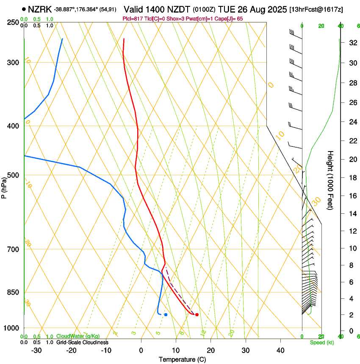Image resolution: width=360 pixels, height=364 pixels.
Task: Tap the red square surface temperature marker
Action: pos(197,314)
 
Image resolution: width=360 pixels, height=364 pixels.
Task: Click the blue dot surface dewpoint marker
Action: pos(166,314)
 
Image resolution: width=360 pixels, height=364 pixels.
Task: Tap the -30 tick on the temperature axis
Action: pos(36,350)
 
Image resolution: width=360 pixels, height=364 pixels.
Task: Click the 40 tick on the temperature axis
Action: pos(280,350)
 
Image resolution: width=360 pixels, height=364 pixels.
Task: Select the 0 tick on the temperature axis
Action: pos(141,350)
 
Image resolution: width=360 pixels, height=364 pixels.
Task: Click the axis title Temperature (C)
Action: pos(182,359)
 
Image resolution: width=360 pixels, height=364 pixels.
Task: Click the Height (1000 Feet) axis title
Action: pos(331,180)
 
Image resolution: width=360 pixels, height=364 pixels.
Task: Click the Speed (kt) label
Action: pos(321,342)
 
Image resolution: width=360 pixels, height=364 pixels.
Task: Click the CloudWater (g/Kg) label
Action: pos(78,336)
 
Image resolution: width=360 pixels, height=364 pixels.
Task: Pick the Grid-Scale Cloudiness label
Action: pos(82,342)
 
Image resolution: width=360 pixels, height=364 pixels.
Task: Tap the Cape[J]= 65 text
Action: pos(229,19)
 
